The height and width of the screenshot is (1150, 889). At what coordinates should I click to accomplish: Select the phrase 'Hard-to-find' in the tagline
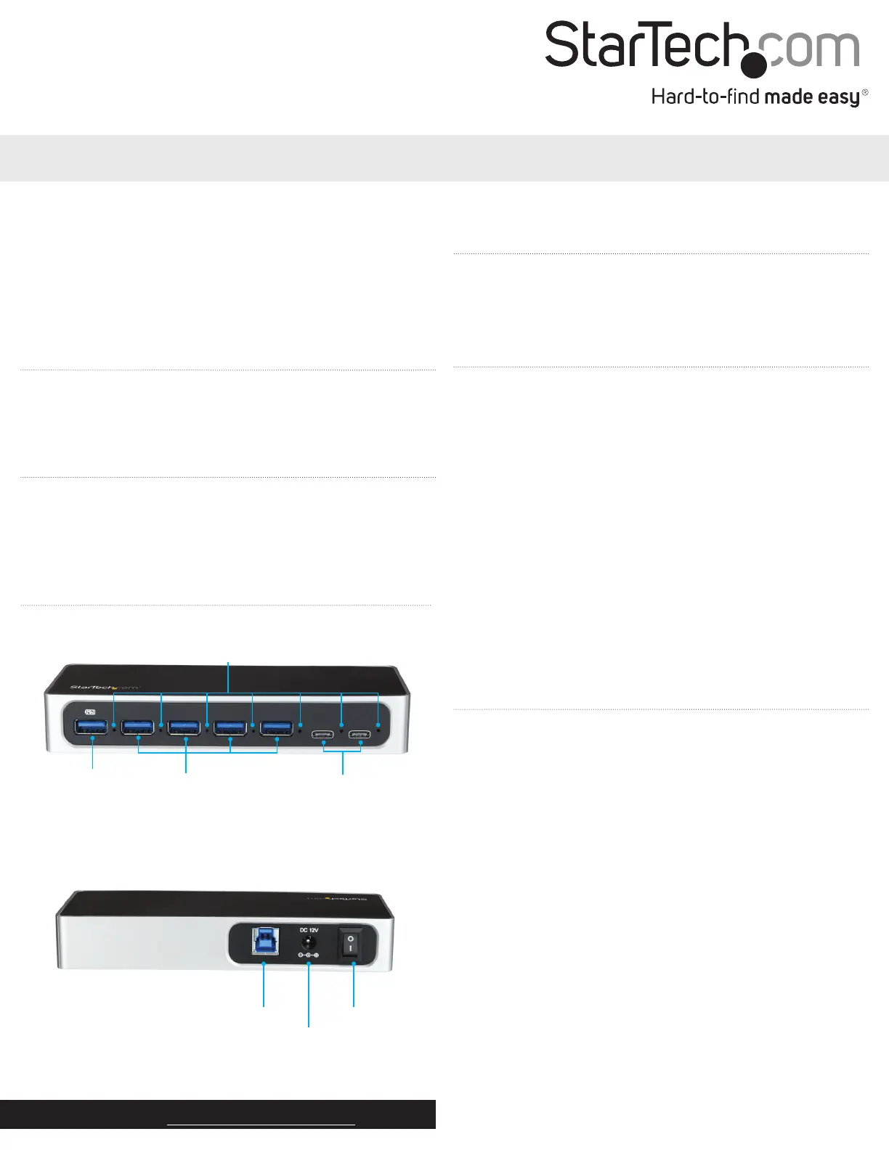coord(705,97)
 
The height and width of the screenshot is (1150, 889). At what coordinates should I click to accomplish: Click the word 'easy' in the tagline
coord(840,97)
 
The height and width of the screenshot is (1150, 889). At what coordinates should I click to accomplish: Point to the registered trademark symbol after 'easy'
coord(865,93)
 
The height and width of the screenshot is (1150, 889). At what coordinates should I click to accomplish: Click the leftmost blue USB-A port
coord(92,727)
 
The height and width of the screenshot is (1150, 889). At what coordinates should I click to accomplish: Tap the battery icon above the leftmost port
coord(90,712)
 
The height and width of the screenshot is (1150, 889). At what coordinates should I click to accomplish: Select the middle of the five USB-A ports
coord(184,727)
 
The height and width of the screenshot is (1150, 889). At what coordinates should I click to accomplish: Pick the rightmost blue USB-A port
coord(276,727)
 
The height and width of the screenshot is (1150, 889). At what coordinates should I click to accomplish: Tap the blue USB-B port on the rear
coord(265,941)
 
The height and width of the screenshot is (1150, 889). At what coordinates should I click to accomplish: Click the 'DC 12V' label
coord(309,930)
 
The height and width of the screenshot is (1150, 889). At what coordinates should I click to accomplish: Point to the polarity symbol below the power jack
coord(309,955)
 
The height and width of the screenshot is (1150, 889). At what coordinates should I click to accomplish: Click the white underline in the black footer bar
coord(261,1125)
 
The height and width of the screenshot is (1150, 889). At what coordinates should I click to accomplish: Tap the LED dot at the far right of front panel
coord(378,725)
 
